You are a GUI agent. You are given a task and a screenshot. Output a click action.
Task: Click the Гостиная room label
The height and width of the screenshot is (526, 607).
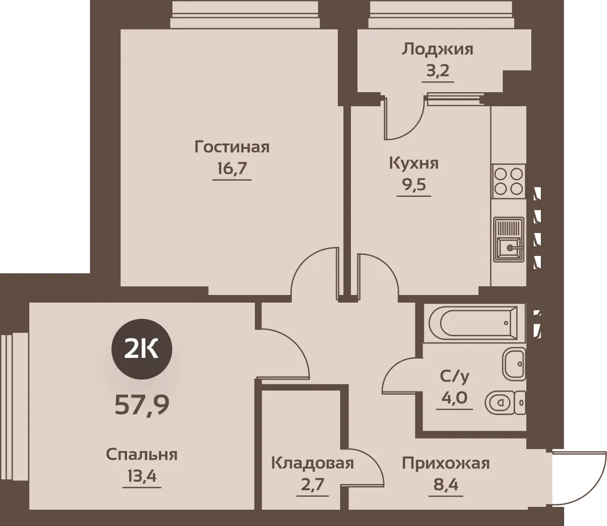[232, 147]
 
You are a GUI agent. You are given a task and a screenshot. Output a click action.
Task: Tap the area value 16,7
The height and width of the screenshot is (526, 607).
[232, 168]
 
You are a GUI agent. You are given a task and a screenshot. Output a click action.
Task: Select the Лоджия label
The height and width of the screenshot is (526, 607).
[437, 49]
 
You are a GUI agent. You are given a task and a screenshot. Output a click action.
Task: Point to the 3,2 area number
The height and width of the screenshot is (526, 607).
[438, 71]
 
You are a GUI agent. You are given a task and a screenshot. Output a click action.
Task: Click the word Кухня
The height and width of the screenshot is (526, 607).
[414, 163]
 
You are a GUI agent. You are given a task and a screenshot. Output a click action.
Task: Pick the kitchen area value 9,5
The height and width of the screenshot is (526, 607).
[414, 184]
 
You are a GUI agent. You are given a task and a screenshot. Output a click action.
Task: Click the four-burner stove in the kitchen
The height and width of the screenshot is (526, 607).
[508, 181]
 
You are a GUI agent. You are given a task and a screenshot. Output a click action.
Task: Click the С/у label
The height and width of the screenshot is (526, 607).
[455, 376]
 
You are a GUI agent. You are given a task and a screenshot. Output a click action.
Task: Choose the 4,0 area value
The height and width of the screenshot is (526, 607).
[455, 397]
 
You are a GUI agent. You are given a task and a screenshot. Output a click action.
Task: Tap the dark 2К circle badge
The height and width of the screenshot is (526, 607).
[142, 349]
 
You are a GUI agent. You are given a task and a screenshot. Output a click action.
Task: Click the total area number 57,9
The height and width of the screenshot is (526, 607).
[142, 406]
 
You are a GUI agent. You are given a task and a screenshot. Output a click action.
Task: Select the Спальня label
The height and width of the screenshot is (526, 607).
[142, 454]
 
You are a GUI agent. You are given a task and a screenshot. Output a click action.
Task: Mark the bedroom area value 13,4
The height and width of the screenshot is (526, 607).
[142, 476]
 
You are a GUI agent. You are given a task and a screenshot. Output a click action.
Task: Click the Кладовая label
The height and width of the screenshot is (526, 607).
[312, 463]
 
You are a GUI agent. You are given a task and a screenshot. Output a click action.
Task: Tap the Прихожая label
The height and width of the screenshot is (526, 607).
[446, 463]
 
